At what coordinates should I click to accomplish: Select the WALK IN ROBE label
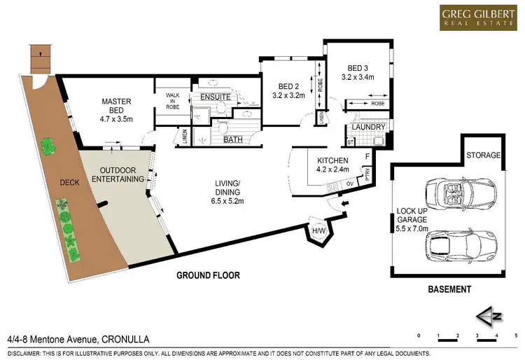pyautogui.click(x=173, y=102)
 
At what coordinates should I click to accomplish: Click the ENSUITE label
pyautogui.click(x=216, y=97)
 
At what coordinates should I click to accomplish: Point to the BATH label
pyautogui.click(x=232, y=139)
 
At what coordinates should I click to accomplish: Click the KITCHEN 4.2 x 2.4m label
pyautogui.click(x=332, y=165)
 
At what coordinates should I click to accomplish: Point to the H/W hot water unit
pyautogui.click(x=318, y=230)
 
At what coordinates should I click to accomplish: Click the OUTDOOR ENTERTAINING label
pyautogui.click(x=122, y=174)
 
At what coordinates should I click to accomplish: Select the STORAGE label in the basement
pyautogui.click(x=484, y=155)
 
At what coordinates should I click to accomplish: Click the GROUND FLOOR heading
pyautogui.click(x=209, y=275)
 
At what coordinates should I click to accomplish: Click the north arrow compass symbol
pyautogui.click(x=490, y=316)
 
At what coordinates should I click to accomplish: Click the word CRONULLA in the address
pyautogui.click(x=129, y=339)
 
